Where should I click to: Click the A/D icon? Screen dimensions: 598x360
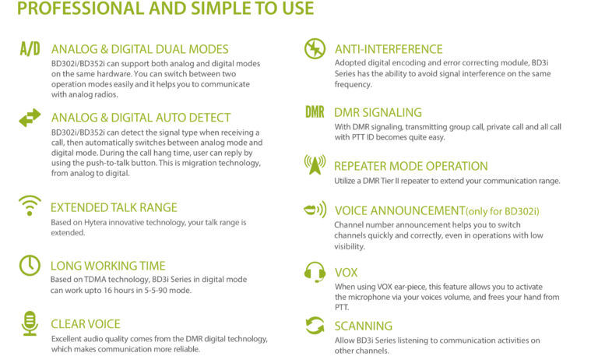coord(30,49)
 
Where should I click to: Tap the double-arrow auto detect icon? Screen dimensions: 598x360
coord(30,118)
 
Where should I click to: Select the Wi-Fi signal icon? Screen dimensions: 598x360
coord(30,206)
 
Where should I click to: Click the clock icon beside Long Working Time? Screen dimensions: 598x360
coord(30,265)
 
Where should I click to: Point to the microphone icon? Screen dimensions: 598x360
coord(30,323)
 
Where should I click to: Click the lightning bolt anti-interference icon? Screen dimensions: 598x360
coord(315,49)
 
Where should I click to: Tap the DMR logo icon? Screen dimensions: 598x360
coord(315,112)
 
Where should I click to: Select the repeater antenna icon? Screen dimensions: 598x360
coord(315,164)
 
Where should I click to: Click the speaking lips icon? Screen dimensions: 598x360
coord(315,210)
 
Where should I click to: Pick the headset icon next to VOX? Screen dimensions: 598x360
coord(315,272)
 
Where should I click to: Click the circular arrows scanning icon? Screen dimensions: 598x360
coord(315,326)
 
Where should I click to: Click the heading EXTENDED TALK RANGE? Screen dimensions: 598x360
coord(114,208)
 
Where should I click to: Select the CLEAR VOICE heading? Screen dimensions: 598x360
coord(86,324)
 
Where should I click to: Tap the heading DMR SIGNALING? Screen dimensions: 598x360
coord(378,113)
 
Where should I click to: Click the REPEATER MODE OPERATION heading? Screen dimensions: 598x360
coord(411,167)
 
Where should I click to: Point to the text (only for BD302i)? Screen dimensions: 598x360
coord(502,211)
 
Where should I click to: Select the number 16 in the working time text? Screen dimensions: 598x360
coord(107,291)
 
